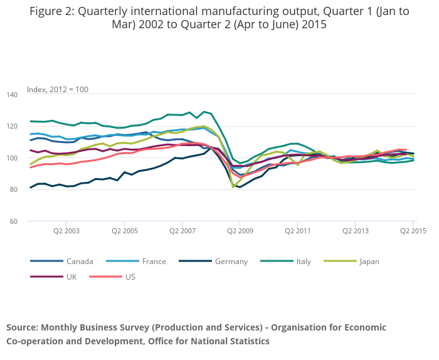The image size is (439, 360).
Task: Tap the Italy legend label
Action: (304, 262)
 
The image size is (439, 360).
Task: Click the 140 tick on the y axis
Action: (13, 95)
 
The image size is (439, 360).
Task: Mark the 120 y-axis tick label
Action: (13, 126)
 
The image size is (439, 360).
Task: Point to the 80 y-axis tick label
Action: (14, 189)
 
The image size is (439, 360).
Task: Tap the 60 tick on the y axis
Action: (14, 221)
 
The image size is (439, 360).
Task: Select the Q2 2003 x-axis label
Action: (66, 231)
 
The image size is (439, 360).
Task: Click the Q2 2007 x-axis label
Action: (182, 231)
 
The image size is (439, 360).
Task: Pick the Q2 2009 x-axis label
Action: (240, 231)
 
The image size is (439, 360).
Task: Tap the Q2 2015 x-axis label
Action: (412, 231)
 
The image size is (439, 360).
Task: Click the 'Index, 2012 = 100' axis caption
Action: (58, 90)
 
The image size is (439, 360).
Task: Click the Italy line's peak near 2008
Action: (204, 112)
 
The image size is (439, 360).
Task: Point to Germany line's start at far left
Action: (31, 188)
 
